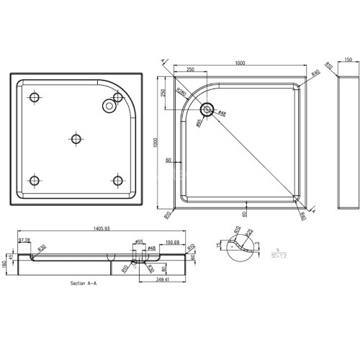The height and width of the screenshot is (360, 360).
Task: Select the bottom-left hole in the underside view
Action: click(x=35, y=179)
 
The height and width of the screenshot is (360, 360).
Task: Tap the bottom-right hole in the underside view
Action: click(x=116, y=179)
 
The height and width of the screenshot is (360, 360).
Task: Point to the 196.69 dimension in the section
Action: click(x=172, y=243)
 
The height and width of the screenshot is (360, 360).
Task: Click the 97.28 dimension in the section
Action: click(x=24, y=239)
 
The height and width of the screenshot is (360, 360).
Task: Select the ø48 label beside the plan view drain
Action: click(x=222, y=114)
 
